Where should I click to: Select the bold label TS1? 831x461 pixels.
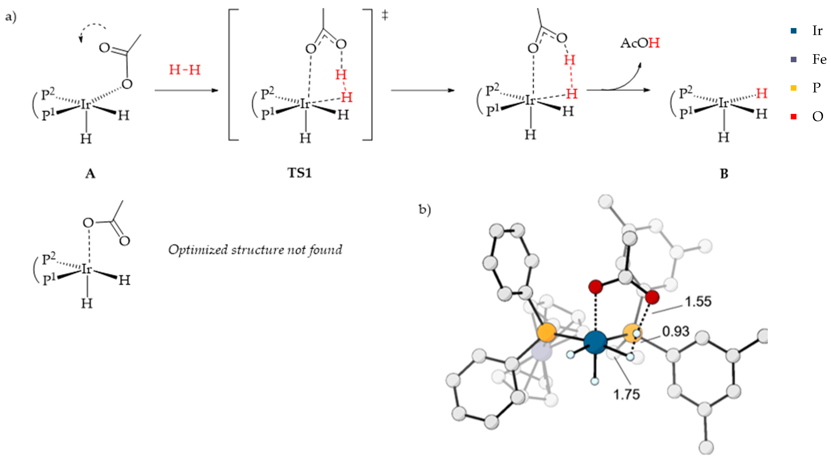[x=299, y=173]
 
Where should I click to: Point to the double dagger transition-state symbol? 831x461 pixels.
[x=385, y=15]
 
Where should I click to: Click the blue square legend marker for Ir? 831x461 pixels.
[x=794, y=31]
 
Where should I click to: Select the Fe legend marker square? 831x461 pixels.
[x=794, y=59]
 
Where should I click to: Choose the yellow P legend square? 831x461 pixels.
[x=794, y=88]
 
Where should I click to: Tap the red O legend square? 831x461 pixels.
[x=794, y=116]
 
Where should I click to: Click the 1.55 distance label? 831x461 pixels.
[x=698, y=301]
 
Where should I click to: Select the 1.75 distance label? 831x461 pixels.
[x=626, y=394]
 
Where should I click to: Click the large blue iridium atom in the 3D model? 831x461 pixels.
[x=595, y=342]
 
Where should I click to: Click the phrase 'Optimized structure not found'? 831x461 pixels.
[x=255, y=249]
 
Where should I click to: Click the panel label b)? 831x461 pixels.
[x=425, y=209]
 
